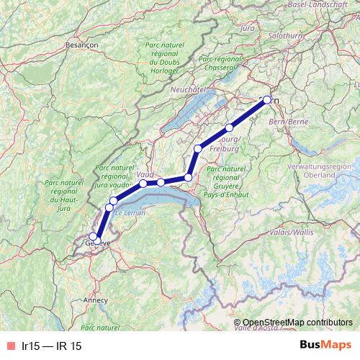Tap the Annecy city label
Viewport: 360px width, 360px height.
click(95, 300)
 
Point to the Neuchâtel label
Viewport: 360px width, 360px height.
click(189, 90)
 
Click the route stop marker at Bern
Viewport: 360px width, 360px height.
click(267, 100)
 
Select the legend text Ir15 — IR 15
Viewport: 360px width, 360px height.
click(52, 346)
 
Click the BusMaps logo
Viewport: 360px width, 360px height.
click(325, 346)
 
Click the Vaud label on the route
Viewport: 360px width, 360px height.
click(145, 175)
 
